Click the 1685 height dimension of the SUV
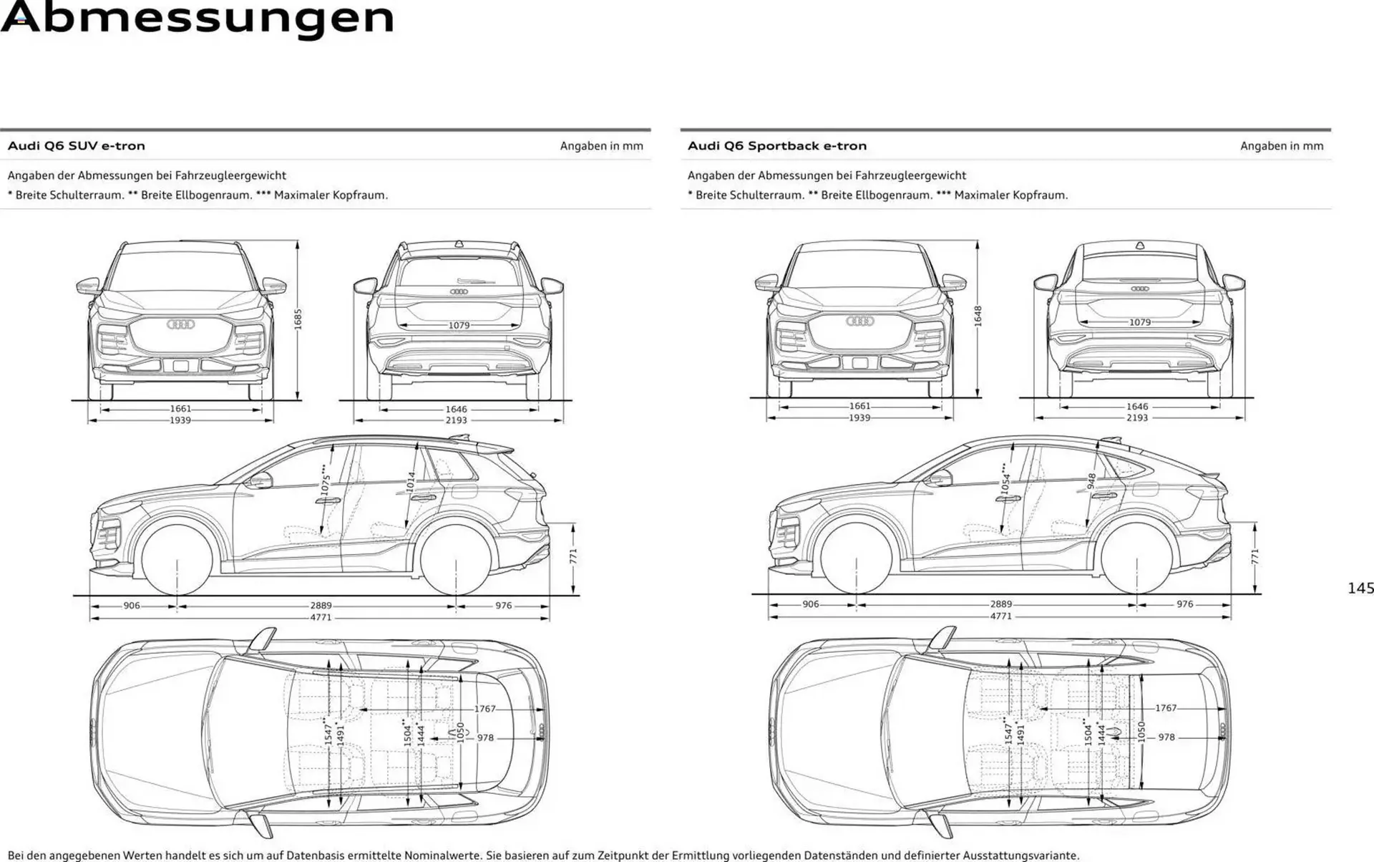[298, 319]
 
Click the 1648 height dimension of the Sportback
[978, 316]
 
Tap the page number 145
[1360, 589]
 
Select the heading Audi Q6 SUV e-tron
[77, 146]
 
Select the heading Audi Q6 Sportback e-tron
[777, 146]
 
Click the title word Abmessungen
[198, 19]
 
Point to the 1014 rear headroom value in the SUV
[411, 482]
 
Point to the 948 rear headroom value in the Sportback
[1091, 481]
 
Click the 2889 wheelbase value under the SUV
[321, 606]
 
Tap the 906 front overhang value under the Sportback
[810, 604]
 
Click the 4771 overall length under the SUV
[321, 617]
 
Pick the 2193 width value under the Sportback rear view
[1137, 417]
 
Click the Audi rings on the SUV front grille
[181, 324]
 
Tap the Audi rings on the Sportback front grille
[859, 321]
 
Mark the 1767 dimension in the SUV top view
[484, 709]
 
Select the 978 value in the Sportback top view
[1166, 737]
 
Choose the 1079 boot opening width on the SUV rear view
[459, 326]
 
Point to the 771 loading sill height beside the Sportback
[1254, 557]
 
